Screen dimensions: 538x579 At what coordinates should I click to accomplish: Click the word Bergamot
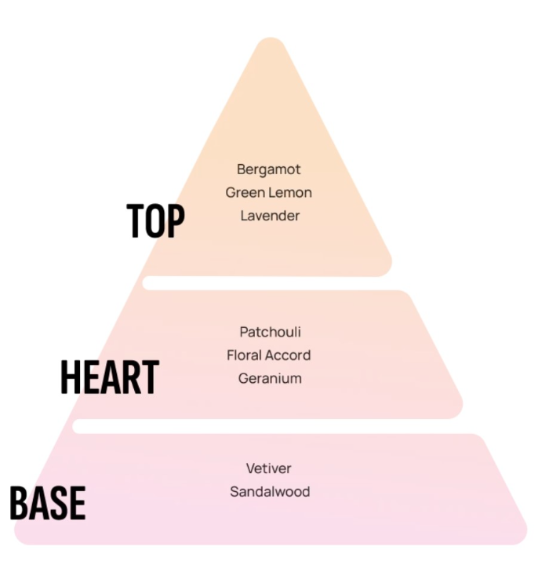click(x=269, y=170)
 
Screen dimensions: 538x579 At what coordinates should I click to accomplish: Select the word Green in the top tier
click(x=243, y=192)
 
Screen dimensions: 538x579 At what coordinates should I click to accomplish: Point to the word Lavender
click(x=270, y=216)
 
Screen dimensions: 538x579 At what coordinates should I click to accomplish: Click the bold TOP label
click(x=155, y=220)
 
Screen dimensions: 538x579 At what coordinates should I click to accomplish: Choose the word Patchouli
click(x=270, y=332)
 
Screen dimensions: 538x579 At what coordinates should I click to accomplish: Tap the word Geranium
click(x=270, y=378)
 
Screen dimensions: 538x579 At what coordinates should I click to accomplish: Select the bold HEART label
click(x=110, y=377)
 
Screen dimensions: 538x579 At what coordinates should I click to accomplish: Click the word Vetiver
click(x=269, y=468)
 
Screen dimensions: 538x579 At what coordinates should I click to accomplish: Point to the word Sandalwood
click(x=270, y=492)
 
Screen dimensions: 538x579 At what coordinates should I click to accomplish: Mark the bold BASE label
click(x=48, y=503)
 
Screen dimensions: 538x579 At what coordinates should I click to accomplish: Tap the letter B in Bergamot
click(x=241, y=169)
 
